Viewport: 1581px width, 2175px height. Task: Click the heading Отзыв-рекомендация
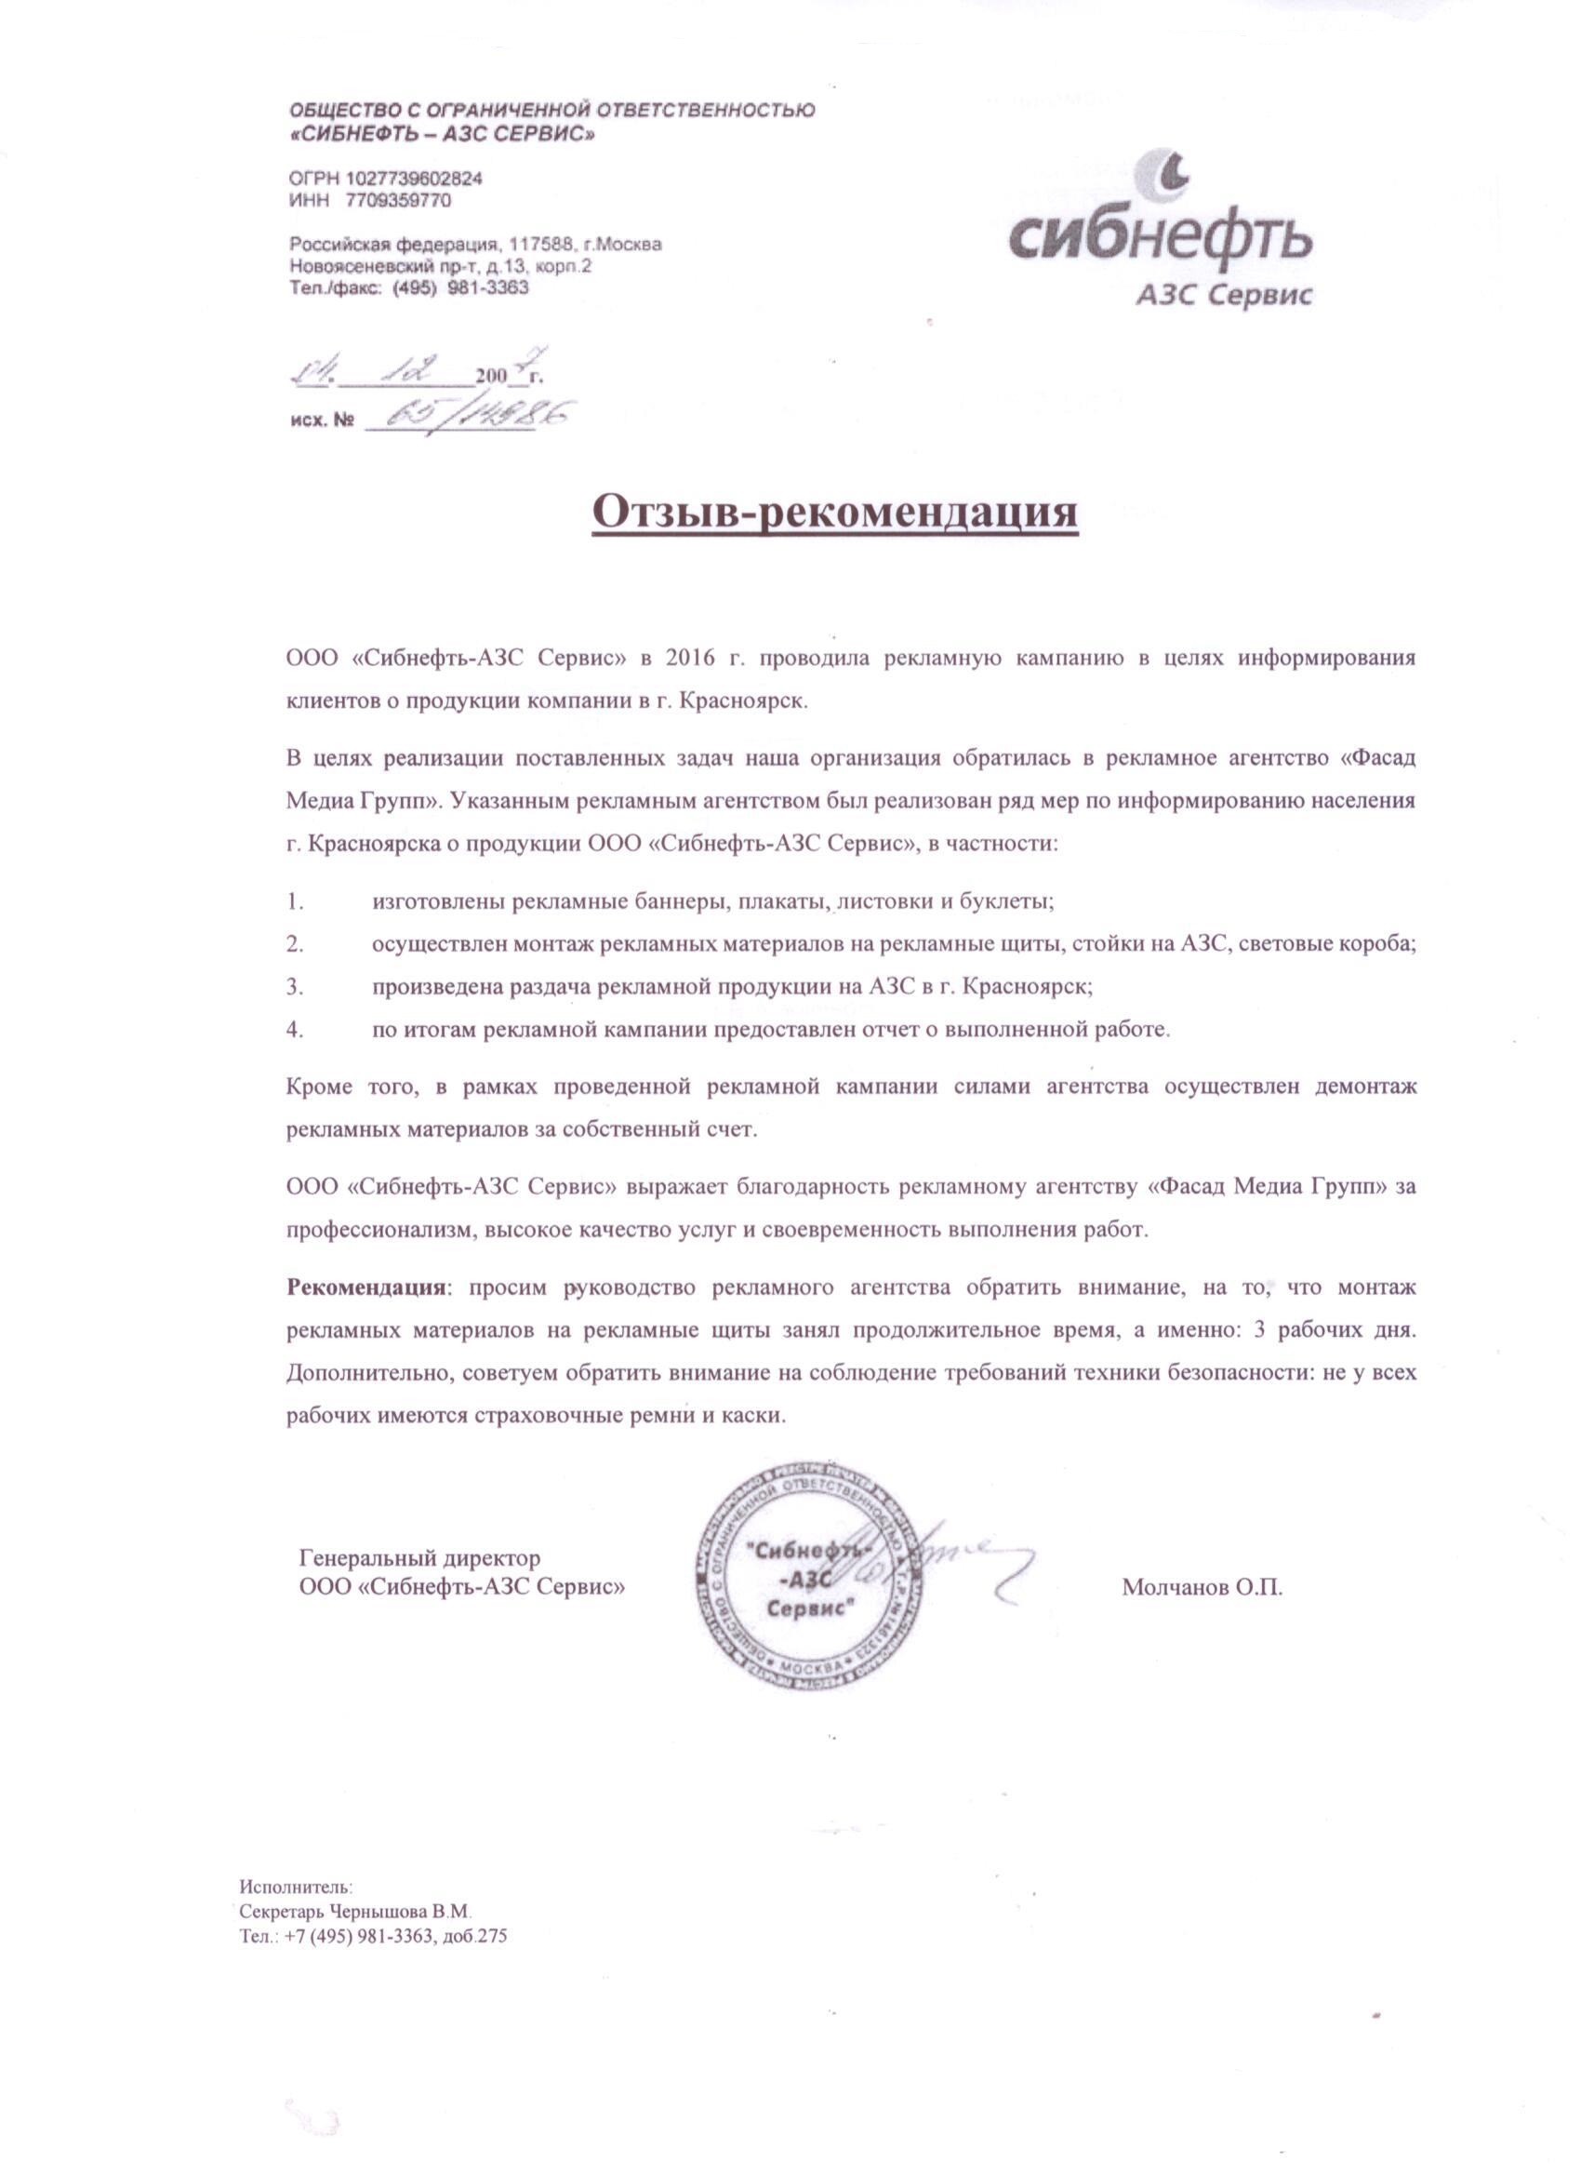pyautogui.click(x=835, y=514)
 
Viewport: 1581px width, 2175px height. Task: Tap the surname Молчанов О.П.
pyautogui.click(x=1202, y=1587)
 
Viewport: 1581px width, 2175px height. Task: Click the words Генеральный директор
pyautogui.click(x=420, y=1557)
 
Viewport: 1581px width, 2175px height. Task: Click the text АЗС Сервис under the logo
pyautogui.click(x=1223, y=296)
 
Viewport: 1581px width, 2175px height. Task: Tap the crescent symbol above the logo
pyautogui.click(x=1172, y=175)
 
